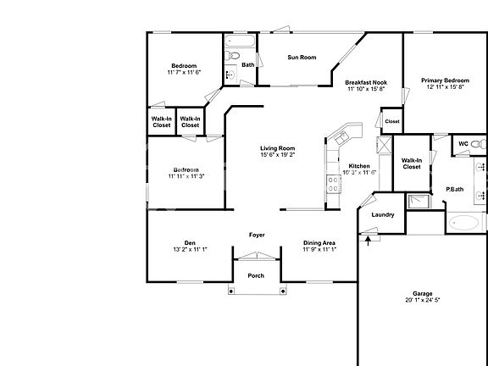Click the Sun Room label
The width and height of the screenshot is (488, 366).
[x=302, y=58]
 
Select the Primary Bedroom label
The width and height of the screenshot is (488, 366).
[x=444, y=81]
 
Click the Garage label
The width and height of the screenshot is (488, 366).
[x=422, y=293]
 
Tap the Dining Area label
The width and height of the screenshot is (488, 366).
[x=321, y=243]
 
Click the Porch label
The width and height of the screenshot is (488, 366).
[x=255, y=275]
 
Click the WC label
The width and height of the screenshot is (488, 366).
[x=463, y=143]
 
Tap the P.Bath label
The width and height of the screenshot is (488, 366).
[x=455, y=189]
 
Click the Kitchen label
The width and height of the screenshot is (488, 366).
[x=359, y=165]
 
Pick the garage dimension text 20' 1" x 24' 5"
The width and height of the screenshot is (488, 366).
[x=422, y=300]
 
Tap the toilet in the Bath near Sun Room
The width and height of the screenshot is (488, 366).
[x=230, y=57]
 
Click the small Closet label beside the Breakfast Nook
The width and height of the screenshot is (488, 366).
[x=391, y=121]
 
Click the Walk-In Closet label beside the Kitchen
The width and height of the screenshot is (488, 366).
[x=411, y=164]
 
